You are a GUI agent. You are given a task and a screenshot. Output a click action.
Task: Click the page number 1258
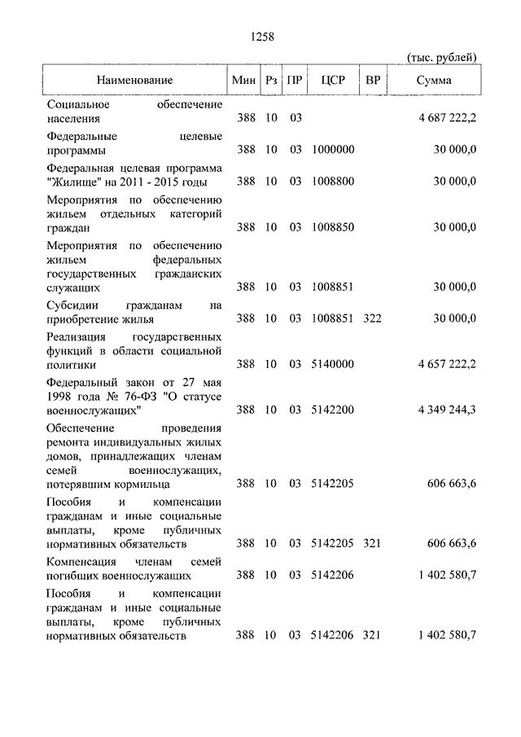260,37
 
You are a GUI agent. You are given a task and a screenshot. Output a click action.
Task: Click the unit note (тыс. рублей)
441,56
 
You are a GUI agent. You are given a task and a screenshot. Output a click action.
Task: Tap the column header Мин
245,81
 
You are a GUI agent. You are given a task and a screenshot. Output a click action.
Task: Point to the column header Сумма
434,81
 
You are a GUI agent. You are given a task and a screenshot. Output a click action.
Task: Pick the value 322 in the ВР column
372,318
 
